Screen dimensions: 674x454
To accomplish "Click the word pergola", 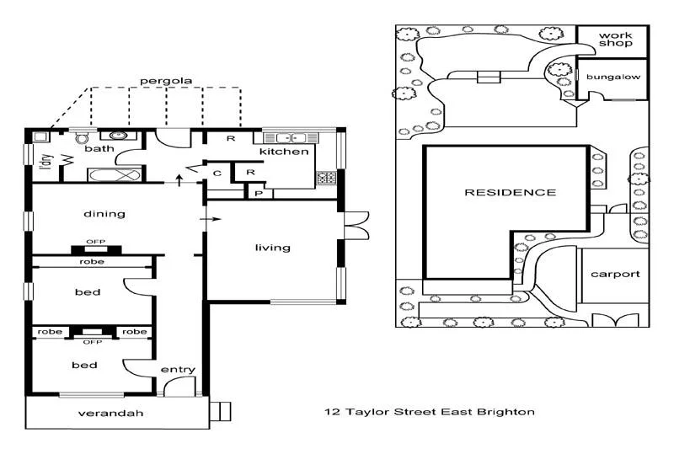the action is (x=166, y=81).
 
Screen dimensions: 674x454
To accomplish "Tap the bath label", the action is (x=99, y=149).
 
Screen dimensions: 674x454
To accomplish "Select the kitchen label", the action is (x=284, y=152).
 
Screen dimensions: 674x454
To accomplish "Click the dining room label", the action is (x=104, y=214).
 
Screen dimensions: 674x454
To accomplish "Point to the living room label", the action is (x=273, y=248).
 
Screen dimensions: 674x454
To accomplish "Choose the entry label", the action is (x=178, y=370).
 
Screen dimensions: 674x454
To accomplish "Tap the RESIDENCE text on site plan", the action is (x=511, y=192).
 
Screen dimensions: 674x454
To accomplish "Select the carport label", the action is (x=615, y=274).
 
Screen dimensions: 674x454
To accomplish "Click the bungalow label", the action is (x=613, y=77).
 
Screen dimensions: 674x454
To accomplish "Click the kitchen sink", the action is (x=290, y=137).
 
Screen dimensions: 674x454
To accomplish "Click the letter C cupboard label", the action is (x=217, y=174).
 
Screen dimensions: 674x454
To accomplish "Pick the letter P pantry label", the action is (x=258, y=193).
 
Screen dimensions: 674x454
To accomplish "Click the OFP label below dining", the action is (x=95, y=242).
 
